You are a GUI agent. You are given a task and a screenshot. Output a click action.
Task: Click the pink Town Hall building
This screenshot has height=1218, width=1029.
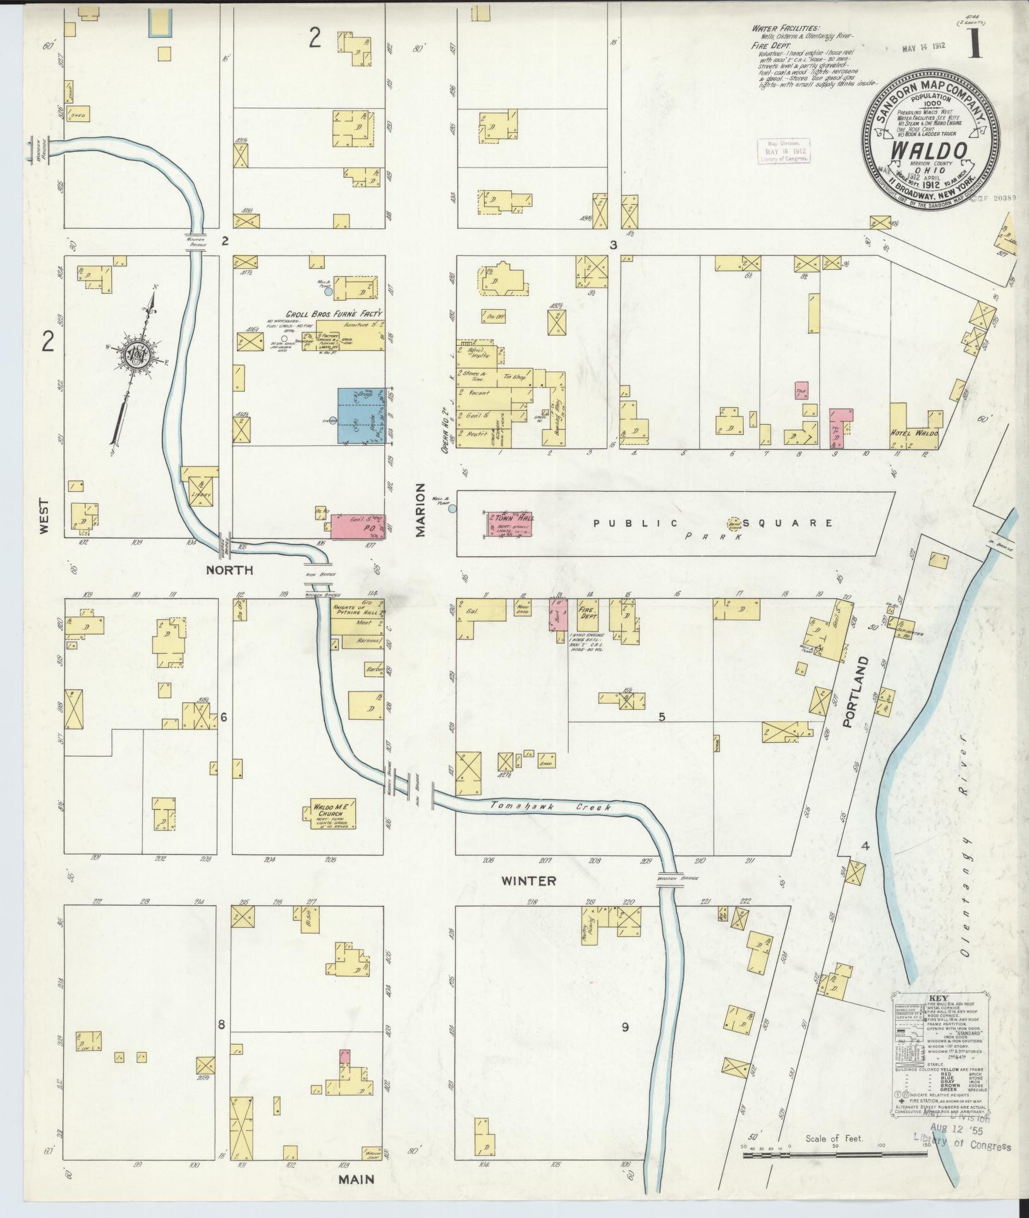click(x=508, y=523)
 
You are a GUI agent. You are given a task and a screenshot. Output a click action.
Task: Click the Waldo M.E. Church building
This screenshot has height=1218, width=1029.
click(x=331, y=815)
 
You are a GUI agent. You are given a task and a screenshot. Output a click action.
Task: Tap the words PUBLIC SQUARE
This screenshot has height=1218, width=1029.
click(x=714, y=523)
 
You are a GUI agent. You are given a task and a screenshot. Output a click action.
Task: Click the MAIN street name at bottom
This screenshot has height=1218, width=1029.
click(x=356, y=1179)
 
